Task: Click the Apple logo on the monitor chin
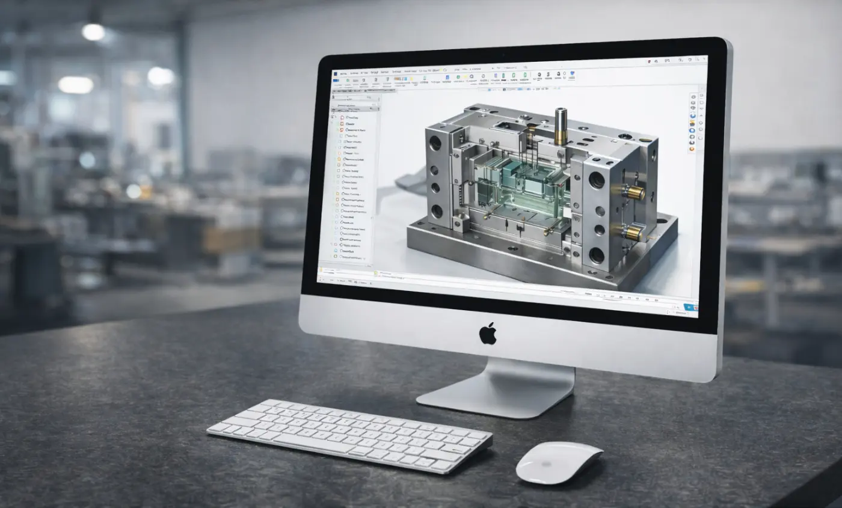pos(488,334)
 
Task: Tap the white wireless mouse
pos(558,462)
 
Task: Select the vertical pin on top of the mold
pos(561,126)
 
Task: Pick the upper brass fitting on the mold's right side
pos(634,192)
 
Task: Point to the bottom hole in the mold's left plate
pos(437,212)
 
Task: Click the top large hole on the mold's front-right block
pos(597,180)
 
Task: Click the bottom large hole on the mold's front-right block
pos(596,255)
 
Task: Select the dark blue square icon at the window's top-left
pos(335,73)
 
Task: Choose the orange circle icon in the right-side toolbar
pos(692,148)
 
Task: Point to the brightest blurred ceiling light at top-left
pos(93,32)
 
